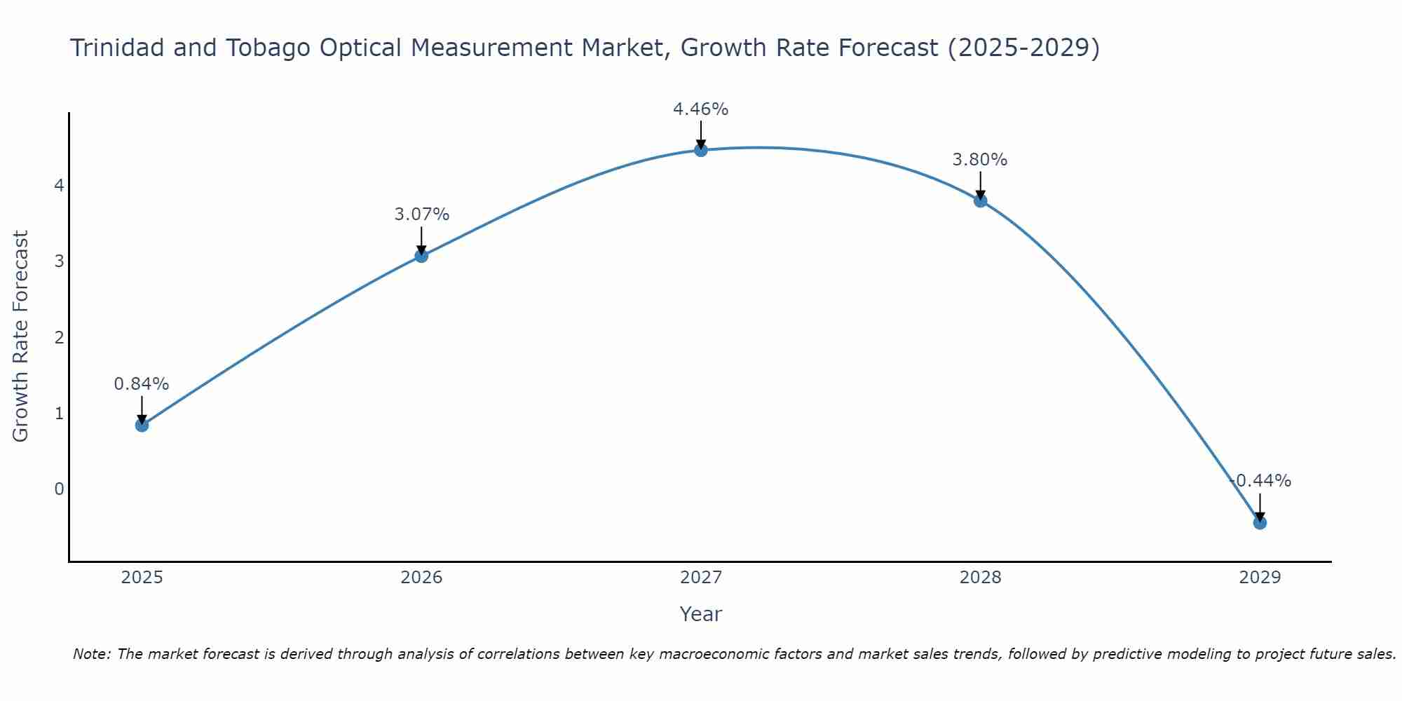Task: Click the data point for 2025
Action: tap(142, 425)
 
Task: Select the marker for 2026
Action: tap(421, 256)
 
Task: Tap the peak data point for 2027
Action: tap(701, 150)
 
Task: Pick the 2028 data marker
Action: tap(980, 200)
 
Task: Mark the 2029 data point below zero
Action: tap(1260, 522)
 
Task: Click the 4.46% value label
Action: tap(701, 109)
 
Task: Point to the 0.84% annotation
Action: tap(142, 384)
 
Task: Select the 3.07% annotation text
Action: tap(421, 215)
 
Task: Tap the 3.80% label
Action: tap(980, 160)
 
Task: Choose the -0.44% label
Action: tap(1260, 481)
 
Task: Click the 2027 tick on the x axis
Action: tap(701, 578)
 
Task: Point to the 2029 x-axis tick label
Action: tap(1260, 578)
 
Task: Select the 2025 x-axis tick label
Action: tap(142, 578)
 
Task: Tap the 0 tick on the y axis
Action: tap(59, 489)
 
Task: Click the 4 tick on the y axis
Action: tap(59, 186)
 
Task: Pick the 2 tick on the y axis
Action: tap(59, 337)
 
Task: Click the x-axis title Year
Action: tap(700, 614)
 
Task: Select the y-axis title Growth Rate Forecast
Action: tap(21, 336)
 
